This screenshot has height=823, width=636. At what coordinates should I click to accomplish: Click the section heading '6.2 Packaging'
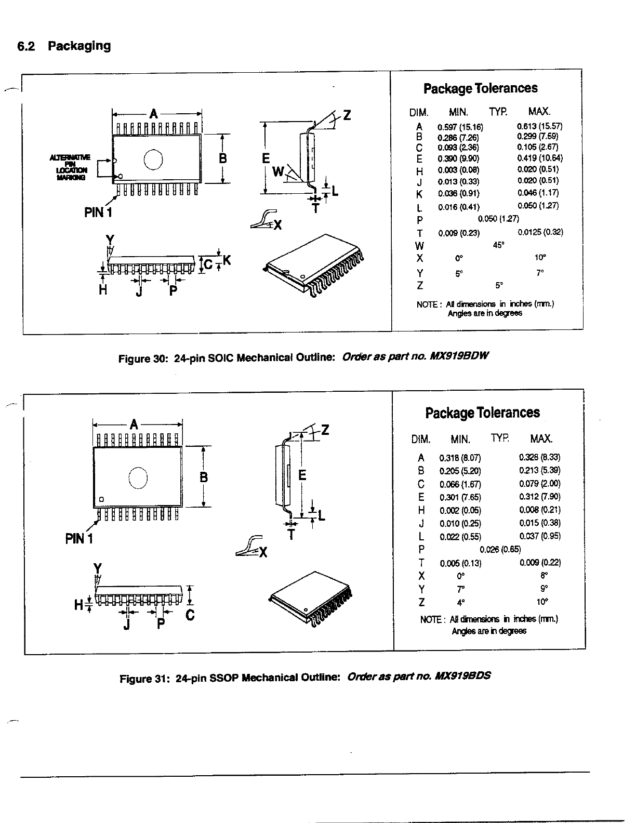(x=64, y=46)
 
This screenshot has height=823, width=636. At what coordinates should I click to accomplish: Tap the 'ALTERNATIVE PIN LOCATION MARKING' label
(x=69, y=167)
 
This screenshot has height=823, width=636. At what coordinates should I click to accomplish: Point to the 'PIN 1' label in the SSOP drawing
(x=78, y=539)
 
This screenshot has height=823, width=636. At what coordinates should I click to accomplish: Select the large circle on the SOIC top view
(x=153, y=159)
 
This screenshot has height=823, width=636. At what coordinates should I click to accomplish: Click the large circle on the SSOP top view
(x=138, y=478)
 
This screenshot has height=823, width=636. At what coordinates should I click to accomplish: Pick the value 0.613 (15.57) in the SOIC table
(x=539, y=126)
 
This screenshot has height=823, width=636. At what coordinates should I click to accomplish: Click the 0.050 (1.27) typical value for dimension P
(x=498, y=219)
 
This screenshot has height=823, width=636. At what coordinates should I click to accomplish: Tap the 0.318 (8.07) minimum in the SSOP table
(x=460, y=458)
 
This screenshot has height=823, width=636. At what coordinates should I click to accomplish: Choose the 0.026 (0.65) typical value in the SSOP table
(x=500, y=549)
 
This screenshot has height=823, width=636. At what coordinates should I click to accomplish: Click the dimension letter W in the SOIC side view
(x=279, y=171)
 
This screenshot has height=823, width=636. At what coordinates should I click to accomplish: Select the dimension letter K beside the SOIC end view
(x=226, y=262)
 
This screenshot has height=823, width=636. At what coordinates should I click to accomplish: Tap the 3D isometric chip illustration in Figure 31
(x=311, y=599)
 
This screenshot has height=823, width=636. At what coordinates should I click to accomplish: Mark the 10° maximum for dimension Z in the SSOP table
(x=541, y=602)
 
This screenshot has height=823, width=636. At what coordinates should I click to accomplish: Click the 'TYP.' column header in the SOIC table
(x=498, y=111)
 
